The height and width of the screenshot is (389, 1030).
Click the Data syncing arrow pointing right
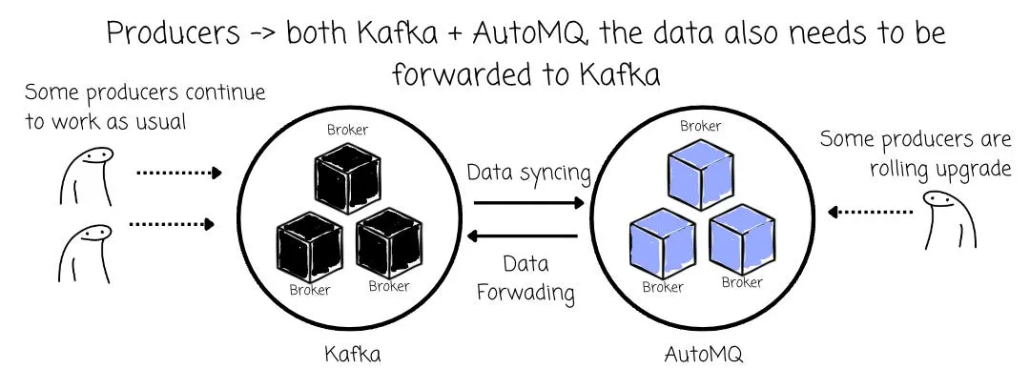coord(528,203)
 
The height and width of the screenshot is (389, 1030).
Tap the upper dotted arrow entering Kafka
coord(178,174)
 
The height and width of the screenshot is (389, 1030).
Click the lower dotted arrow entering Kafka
coord(172,225)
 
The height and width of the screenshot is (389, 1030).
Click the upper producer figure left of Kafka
coord(88,176)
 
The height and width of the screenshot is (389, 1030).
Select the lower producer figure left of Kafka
coord(85,254)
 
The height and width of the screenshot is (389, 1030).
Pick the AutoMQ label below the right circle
coord(703,355)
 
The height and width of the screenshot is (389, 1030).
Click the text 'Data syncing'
coord(528,173)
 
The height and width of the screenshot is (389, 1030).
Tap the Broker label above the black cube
coord(347,130)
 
